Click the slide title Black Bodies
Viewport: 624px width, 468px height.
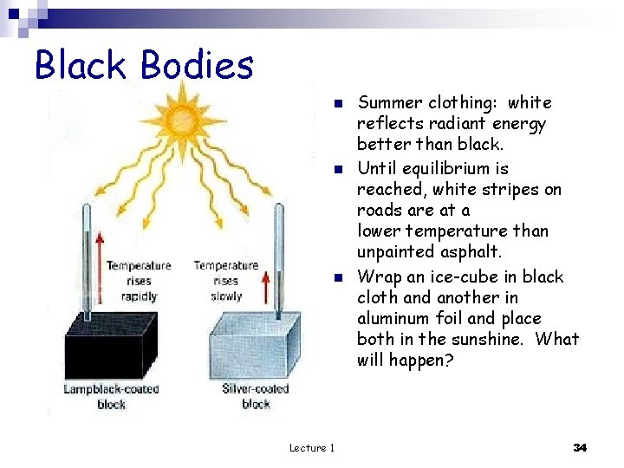144,65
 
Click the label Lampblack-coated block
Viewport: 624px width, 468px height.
110,396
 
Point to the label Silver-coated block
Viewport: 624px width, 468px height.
256,396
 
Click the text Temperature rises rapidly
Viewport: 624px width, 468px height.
139,281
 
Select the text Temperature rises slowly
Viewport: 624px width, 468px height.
226,281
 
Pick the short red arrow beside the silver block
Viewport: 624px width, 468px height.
264,286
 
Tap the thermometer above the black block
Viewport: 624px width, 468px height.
88,251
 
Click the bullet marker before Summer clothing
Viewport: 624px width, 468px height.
340,104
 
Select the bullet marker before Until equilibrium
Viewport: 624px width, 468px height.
340,169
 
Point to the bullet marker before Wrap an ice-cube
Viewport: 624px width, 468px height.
340,278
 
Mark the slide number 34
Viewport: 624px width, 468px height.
580,447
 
